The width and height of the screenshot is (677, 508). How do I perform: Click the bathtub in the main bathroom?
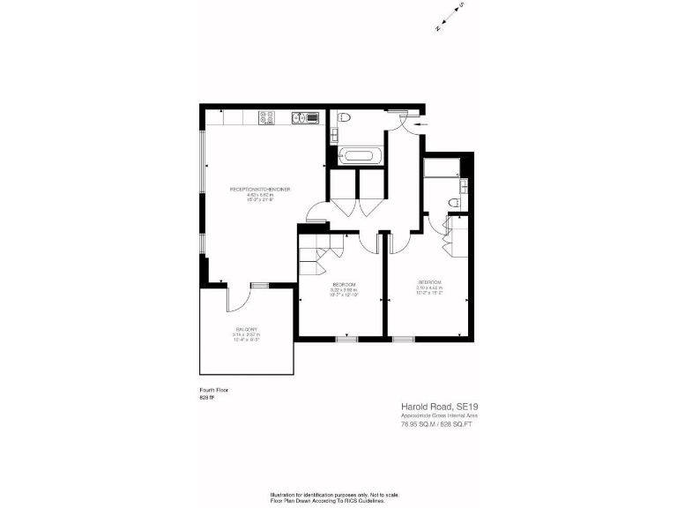[360, 157]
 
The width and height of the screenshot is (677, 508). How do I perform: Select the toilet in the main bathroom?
[346, 118]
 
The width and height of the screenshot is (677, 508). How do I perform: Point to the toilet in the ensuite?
[454, 204]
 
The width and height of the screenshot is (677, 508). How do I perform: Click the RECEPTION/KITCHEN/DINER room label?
[260, 190]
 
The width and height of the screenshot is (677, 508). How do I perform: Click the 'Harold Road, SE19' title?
[439, 407]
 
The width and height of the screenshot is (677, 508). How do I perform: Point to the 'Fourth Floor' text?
[215, 389]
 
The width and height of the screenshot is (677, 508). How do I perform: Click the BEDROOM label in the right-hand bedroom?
[429, 282]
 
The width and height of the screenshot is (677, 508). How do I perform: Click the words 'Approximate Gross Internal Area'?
[439, 415]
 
